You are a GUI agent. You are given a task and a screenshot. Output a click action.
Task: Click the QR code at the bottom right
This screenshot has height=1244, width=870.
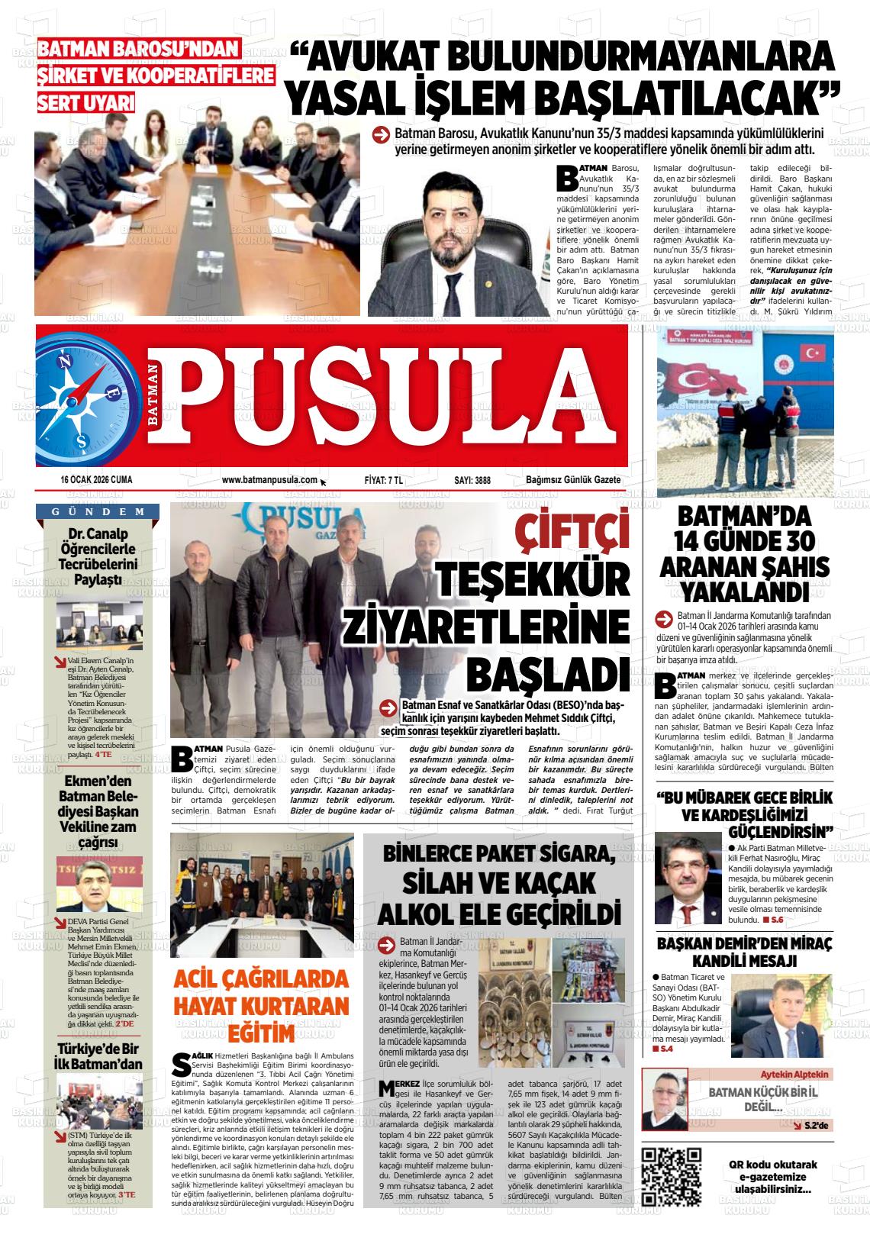[x=672, y=1176]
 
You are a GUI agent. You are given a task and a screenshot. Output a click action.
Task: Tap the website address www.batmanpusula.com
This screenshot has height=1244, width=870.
[x=269, y=480]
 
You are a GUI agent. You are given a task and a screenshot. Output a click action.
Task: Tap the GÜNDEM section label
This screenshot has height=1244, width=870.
[x=99, y=511]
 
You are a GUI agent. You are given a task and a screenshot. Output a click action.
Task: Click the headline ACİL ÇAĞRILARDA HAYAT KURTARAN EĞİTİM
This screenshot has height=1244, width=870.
[x=261, y=1006]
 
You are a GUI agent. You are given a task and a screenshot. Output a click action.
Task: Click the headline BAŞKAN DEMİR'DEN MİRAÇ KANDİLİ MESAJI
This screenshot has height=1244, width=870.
[x=744, y=951]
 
